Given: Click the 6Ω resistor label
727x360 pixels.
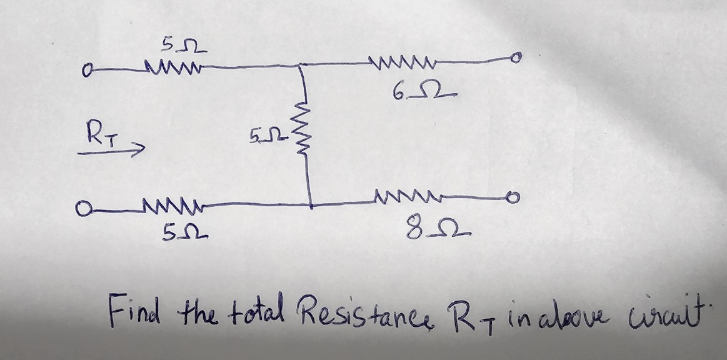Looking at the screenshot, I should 424,94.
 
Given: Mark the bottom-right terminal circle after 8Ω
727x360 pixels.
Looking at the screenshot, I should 512,199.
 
